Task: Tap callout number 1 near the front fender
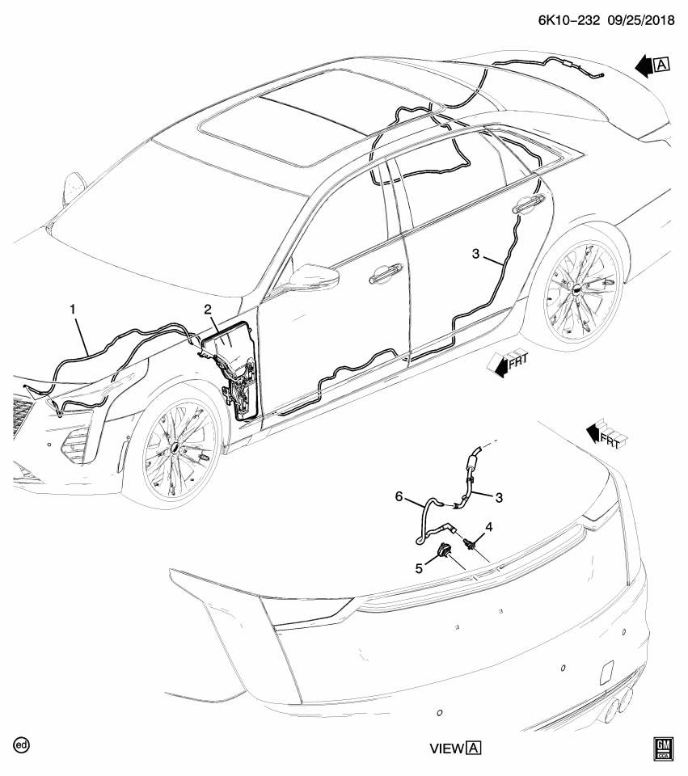pos(73,310)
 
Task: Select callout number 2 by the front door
pos(208,310)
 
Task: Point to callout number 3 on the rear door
pos(475,254)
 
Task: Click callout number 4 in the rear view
pos(489,527)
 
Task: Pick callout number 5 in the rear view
pos(419,569)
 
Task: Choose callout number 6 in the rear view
pos(399,496)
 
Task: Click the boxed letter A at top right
pos(662,65)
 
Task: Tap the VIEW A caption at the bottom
pos(455,748)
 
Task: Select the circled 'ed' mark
pos(22,745)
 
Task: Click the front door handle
pos(386,273)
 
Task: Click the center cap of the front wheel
pos(175,447)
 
